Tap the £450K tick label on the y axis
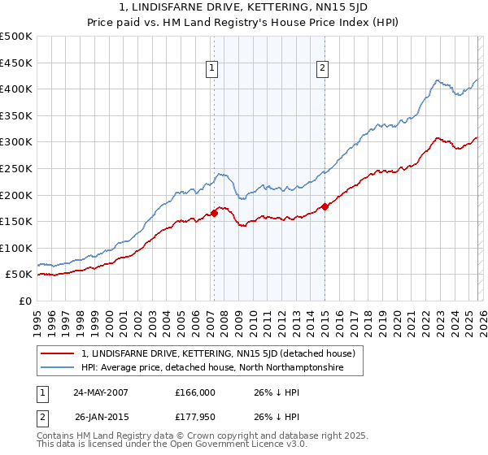click(16, 63)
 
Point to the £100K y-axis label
click(16, 248)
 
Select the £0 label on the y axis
click(24, 301)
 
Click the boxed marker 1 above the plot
click(212, 69)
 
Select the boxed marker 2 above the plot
click(323, 69)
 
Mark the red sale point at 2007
click(215, 213)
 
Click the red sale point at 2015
click(325, 206)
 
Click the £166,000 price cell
click(194, 392)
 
